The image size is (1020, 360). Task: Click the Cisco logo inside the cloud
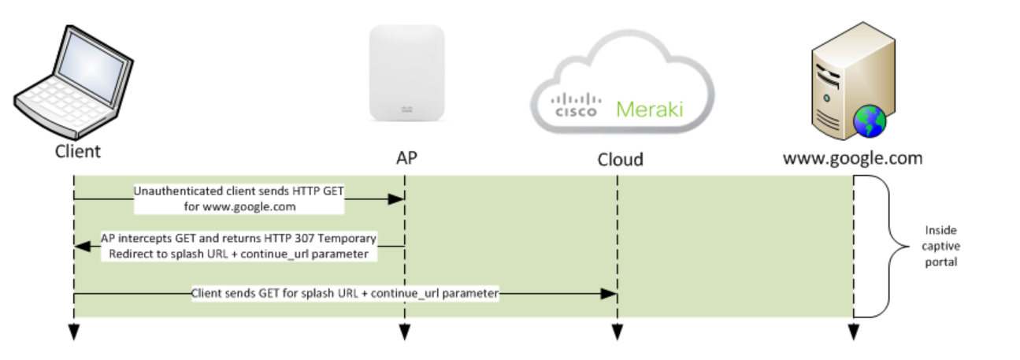[x=576, y=106]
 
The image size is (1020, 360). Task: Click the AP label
[x=406, y=158]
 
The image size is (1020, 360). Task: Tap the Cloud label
[x=619, y=160]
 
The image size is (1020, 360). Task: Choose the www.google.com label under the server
[x=852, y=158]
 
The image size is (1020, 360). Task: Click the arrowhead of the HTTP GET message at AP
[x=396, y=200]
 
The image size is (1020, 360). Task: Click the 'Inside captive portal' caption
[x=940, y=247]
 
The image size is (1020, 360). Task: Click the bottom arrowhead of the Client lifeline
[x=73, y=332]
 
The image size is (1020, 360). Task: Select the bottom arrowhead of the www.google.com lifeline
[x=853, y=332]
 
